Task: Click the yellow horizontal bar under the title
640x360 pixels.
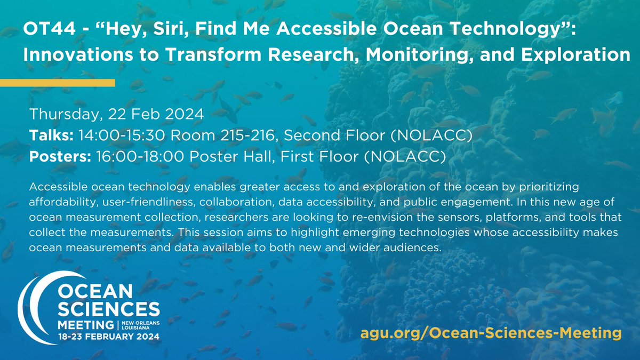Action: (58, 83)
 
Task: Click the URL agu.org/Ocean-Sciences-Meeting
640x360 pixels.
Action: (491, 333)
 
